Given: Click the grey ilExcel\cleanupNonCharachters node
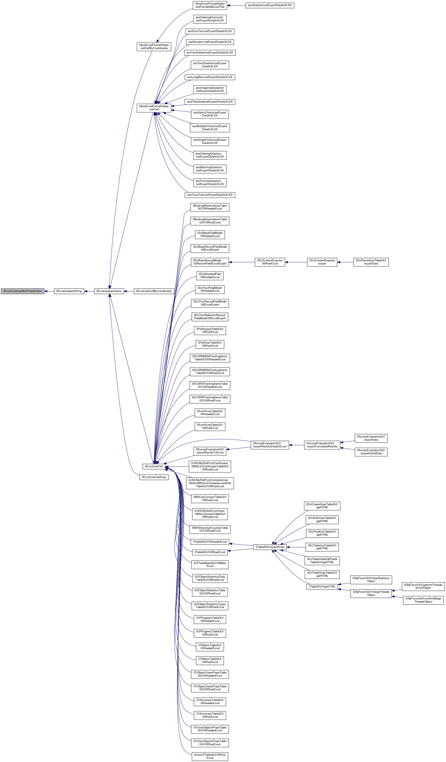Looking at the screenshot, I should (x=22, y=291).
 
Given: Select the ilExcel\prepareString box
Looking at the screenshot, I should (x=69, y=291).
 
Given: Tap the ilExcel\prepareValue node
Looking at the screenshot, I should (x=109, y=291).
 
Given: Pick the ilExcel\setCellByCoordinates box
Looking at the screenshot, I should (x=154, y=291).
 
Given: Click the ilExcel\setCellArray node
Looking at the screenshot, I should (x=154, y=477).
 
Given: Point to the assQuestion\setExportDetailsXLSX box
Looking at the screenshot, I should (x=270, y=5).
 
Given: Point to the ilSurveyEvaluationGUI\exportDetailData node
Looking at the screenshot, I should (x=371, y=452).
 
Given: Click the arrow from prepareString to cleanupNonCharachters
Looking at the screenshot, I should (x=49, y=291).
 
